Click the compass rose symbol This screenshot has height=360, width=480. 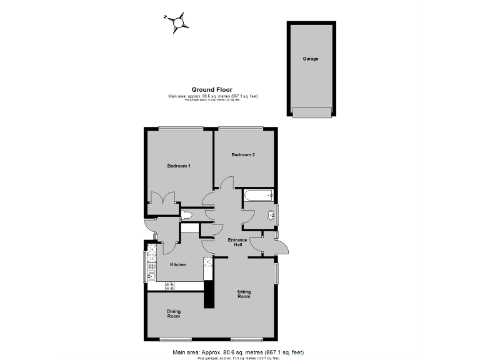point(177,22)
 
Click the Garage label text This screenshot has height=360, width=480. point(311,59)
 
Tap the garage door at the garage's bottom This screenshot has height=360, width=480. point(311,112)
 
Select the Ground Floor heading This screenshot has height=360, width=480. point(212,90)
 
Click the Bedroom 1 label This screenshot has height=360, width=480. point(179,166)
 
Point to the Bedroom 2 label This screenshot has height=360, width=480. point(243,155)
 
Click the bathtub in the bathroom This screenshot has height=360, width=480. point(259,195)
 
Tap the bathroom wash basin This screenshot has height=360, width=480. point(271,216)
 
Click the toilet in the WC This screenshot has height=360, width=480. point(186,216)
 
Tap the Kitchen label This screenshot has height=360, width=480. point(178,265)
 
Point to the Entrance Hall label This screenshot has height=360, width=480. point(237,242)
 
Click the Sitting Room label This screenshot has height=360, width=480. point(244,294)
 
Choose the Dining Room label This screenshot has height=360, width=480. point(173,314)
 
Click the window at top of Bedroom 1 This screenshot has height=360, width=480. point(180,129)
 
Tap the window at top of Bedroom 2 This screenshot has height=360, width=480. point(241,129)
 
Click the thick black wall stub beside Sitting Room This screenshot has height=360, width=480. point(209,294)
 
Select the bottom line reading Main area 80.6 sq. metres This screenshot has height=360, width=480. point(237,352)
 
